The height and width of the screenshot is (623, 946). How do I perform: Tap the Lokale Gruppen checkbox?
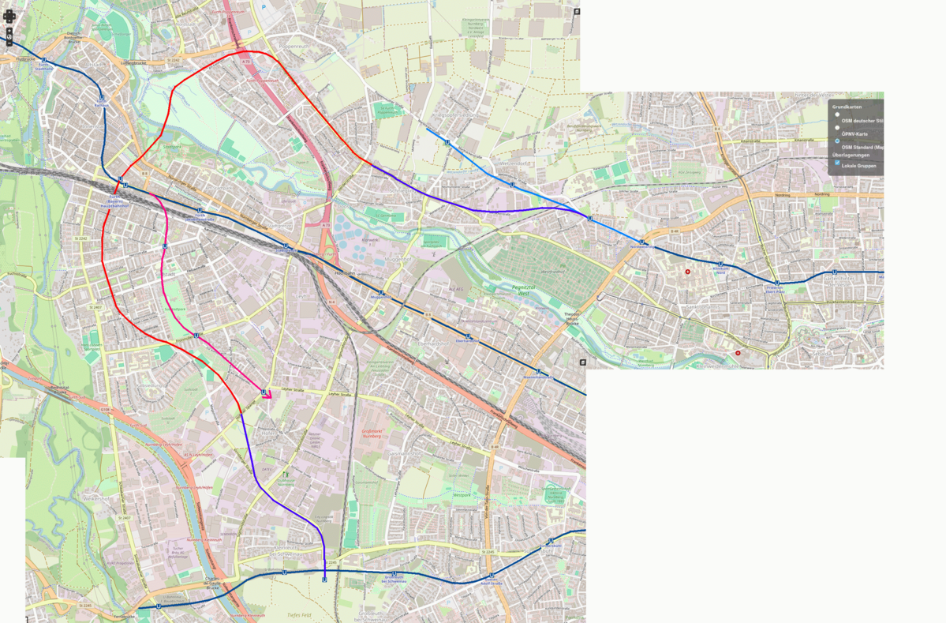tap(837, 163)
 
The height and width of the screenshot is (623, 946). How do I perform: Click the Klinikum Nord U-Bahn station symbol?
tap(720, 265)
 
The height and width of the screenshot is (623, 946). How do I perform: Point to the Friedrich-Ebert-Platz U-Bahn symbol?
tap(778, 282)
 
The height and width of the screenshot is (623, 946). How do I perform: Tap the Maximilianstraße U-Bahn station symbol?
tap(538, 371)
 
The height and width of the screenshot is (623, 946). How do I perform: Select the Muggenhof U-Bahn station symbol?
tap(381, 292)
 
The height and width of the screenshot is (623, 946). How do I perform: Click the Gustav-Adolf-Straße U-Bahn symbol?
tap(491, 576)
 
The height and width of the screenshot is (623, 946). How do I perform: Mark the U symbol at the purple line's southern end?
tap(324, 580)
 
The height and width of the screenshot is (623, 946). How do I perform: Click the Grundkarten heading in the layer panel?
tap(847, 106)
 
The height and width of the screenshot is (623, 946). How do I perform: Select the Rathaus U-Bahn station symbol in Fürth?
tap(102, 98)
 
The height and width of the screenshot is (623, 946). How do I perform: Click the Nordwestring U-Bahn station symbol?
tap(642, 242)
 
